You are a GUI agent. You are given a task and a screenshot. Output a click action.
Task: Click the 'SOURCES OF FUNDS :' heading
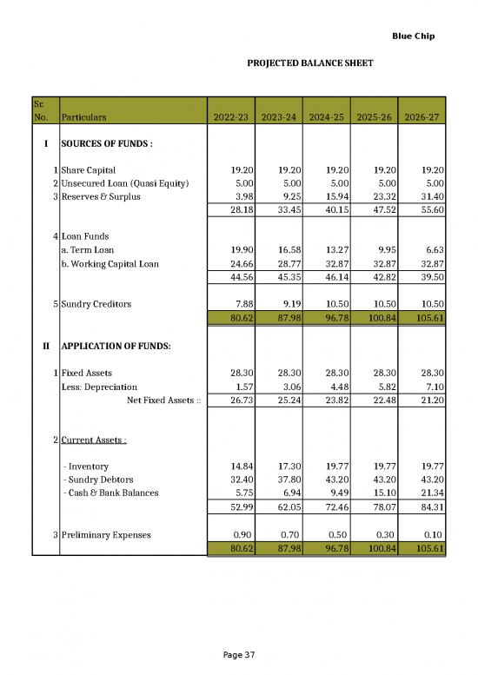tap(107, 142)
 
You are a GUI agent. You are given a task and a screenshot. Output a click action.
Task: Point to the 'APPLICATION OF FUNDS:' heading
tap(116, 346)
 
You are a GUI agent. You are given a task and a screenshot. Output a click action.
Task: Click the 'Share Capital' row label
tap(89, 171)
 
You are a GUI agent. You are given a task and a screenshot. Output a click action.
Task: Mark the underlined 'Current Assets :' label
tap(94, 440)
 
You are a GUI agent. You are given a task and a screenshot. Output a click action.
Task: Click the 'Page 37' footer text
tap(238, 653)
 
